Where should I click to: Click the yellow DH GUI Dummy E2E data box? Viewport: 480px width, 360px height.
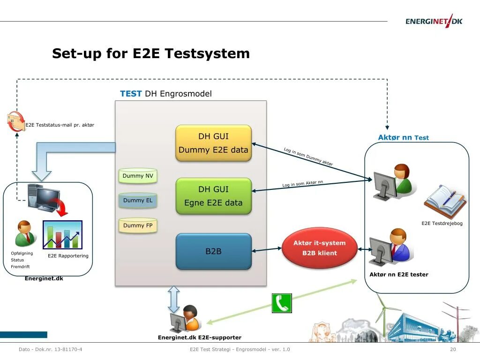pos(213,143)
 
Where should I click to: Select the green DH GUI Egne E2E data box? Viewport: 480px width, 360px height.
pos(213,196)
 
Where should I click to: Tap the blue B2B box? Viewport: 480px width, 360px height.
pos(213,251)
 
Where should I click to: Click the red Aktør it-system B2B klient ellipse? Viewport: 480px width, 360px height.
pos(319,248)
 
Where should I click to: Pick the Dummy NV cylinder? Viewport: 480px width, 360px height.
pos(138,176)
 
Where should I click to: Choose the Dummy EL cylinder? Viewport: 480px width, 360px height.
pos(138,201)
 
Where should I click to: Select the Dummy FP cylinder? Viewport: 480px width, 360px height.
pos(138,225)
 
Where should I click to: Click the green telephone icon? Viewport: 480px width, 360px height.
pos(282,303)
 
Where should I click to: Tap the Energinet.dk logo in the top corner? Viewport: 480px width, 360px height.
pos(434,21)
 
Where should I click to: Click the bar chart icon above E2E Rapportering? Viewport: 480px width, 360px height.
pos(62,234)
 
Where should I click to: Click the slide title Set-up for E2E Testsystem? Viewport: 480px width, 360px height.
pos(150,53)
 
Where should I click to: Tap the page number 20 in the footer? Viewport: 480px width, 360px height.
pos(453,350)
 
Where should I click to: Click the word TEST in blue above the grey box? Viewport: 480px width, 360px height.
pos(131,94)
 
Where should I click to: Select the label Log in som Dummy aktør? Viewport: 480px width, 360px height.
pos(308,157)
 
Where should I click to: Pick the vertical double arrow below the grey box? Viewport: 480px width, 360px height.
pos(174,299)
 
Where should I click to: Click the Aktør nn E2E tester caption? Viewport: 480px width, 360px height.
pos(398,275)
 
